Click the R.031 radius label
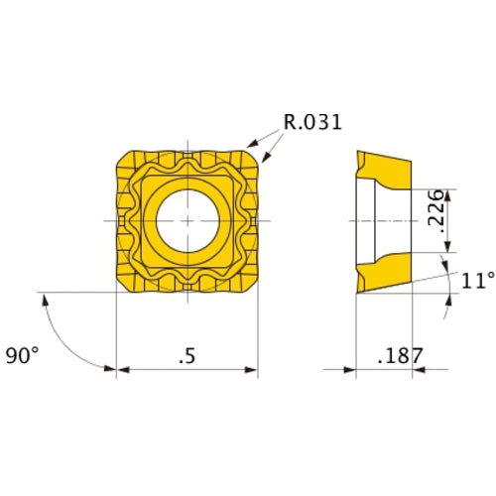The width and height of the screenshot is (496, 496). [311, 122]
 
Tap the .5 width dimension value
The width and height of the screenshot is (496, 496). [187, 354]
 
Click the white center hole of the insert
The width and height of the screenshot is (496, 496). [187, 218]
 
